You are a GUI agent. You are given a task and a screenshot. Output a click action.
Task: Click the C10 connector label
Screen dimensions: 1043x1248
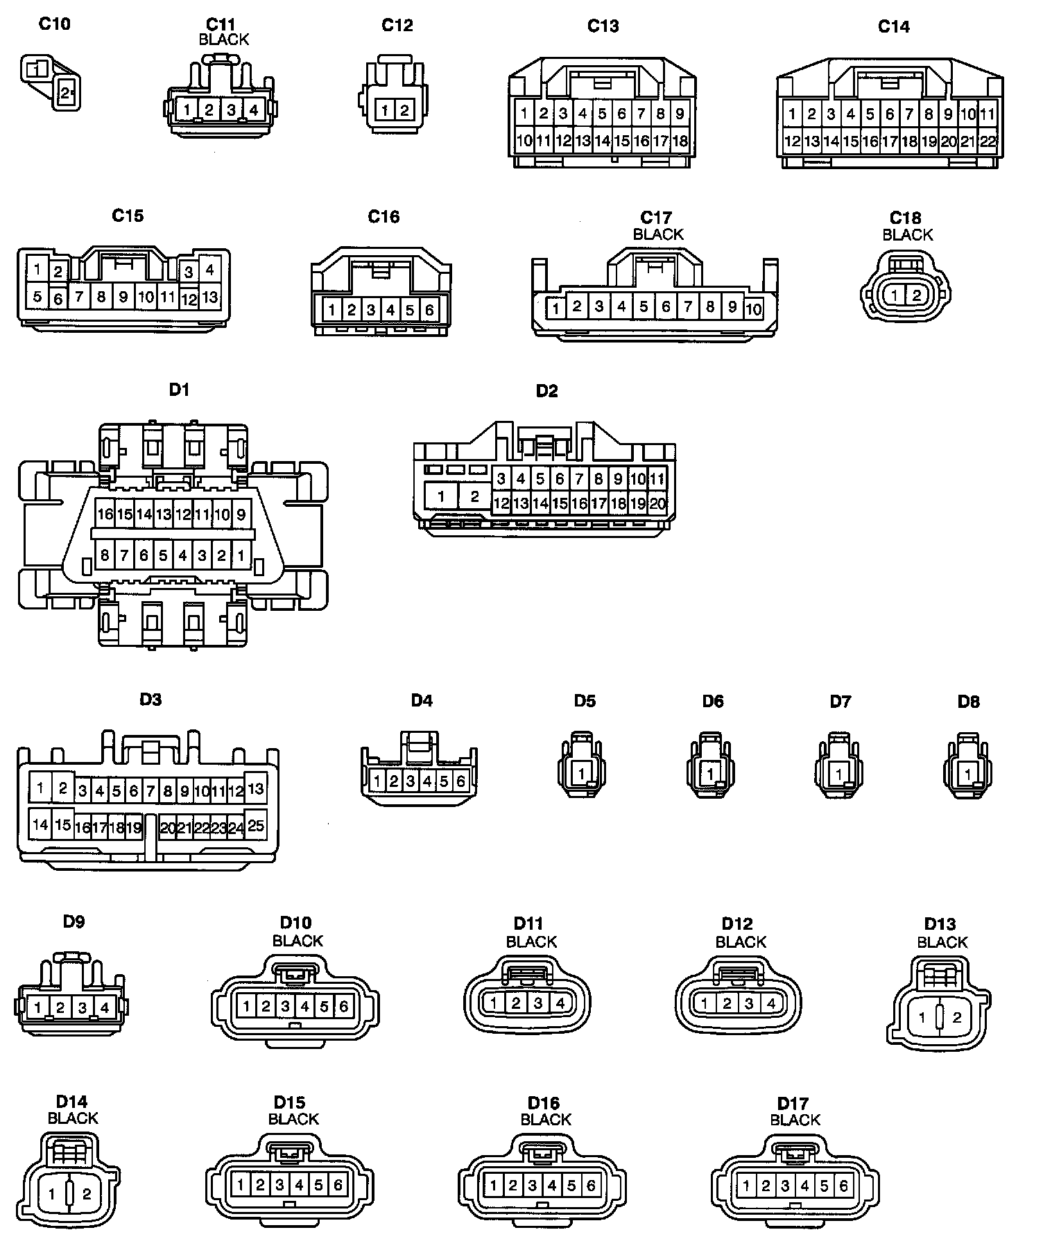[54, 24]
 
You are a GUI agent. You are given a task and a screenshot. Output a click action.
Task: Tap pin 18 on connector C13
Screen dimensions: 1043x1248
[680, 141]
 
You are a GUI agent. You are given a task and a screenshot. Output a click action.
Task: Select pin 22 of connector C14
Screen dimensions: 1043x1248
[988, 141]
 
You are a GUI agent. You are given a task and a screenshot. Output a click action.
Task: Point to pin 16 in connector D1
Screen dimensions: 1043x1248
[105, 514]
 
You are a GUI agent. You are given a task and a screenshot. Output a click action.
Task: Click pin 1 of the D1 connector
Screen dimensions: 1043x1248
[241, 555]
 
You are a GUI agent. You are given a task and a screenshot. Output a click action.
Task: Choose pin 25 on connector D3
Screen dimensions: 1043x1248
[255, 825]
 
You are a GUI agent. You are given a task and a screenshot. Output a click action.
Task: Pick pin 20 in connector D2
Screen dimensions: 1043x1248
[657, 504]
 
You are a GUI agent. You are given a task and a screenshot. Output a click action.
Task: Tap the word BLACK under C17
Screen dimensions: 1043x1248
[658, 234]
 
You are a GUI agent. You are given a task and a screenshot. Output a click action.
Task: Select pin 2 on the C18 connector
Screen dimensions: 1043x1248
[916, 295]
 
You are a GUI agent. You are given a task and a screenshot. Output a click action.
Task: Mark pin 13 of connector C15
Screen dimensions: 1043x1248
[209, 297]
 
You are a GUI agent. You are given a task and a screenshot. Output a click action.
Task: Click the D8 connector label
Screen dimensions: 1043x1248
[968, 701]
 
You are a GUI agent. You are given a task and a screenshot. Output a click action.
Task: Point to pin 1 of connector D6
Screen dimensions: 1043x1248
[710, 772]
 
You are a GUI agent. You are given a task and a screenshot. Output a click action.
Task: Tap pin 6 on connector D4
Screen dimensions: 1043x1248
[460, 781]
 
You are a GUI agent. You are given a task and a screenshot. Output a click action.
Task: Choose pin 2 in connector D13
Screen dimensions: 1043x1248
[957, 1018]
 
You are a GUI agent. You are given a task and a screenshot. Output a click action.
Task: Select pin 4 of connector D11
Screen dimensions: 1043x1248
[560, 1002]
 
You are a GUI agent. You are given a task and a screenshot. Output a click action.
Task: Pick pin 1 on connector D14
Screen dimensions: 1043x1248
[52, 1194]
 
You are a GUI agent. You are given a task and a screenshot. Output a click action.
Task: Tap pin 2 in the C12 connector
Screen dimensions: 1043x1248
[404, 110]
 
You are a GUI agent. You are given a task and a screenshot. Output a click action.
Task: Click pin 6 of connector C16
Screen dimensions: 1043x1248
[429, 309]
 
